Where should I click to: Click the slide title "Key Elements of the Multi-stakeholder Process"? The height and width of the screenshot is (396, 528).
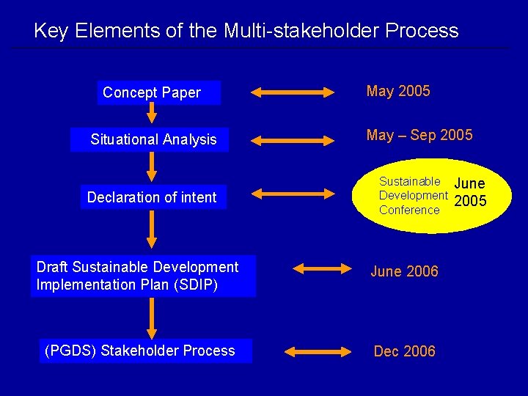click(246, 31)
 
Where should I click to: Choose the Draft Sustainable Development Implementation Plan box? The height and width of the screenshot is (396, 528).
click(143, 276)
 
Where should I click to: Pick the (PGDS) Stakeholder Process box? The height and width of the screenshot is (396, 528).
click(141, 351)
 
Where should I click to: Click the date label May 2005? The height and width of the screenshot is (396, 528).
click(398, 91)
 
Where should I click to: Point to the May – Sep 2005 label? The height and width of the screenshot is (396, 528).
click(419, 135)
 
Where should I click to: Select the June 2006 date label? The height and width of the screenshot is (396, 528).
click(404, 271)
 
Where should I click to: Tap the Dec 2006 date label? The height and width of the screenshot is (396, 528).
click(404, 351)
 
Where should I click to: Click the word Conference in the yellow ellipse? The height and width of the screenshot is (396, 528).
click(409, 210)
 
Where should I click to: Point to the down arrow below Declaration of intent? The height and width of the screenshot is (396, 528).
click(151, 230)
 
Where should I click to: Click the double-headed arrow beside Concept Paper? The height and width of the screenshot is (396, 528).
click(292, 92)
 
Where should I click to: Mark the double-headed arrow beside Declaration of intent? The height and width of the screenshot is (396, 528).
click(292, 194)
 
